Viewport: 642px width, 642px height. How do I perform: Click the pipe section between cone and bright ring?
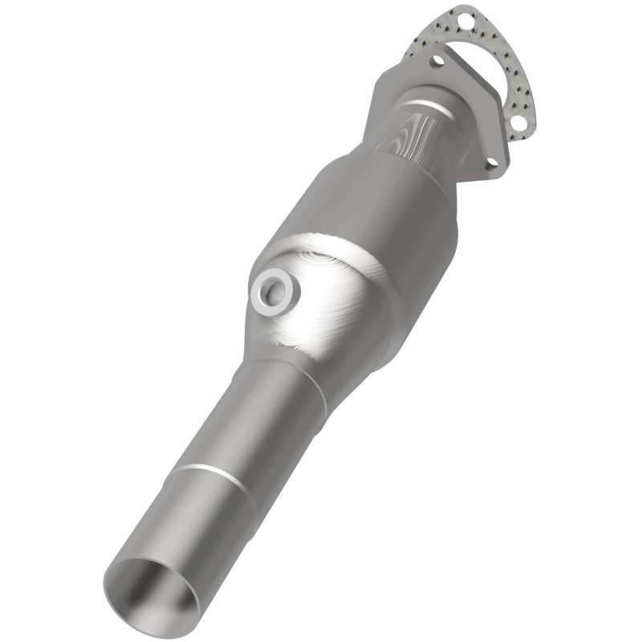pos(249,425)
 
